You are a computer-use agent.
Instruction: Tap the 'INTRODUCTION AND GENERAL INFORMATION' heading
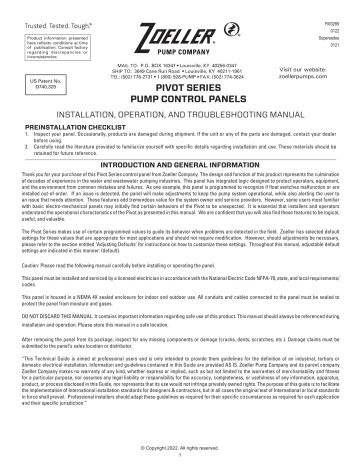point(180,173)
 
